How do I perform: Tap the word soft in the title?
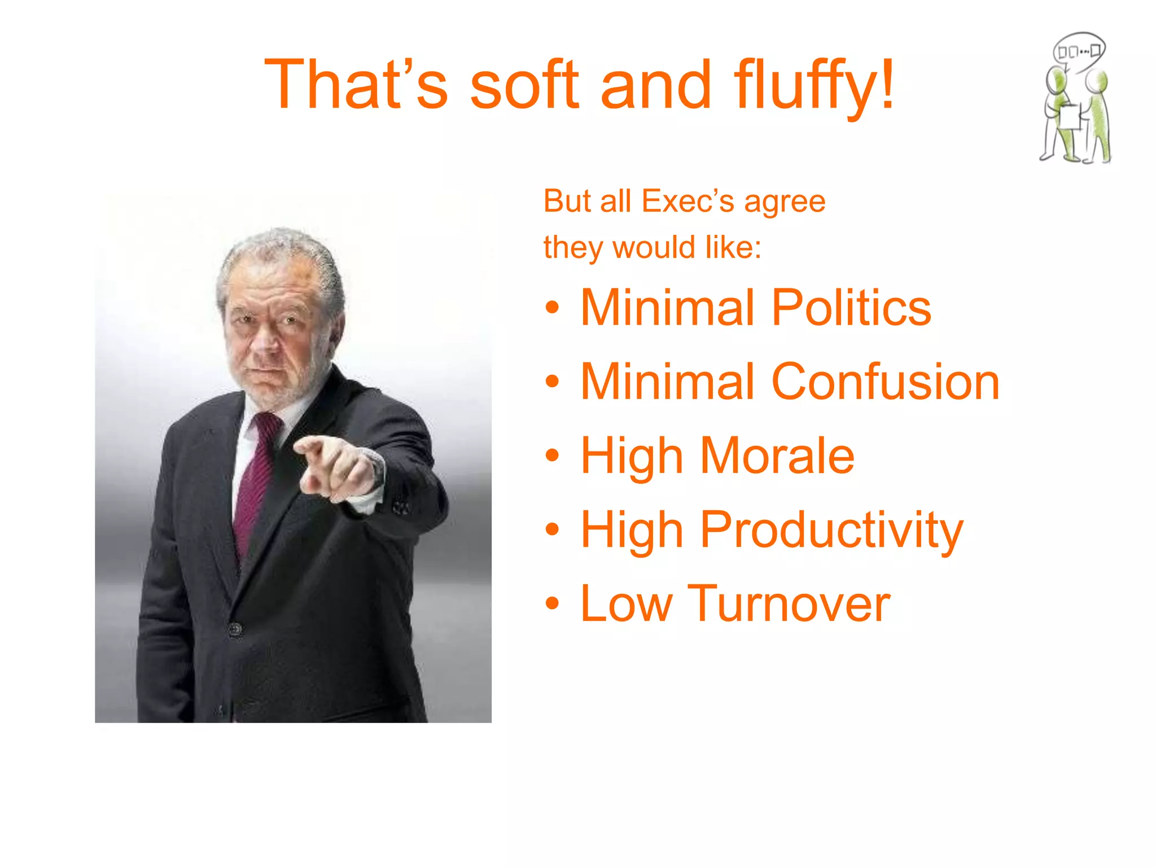pyautogui.click(x=524, y=85)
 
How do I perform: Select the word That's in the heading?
pyautogui.click(x=356, y=85)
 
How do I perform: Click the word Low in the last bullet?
pyautogui.click(x=626, y=604)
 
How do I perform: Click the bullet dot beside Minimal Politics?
pyautogui.click(x=552, y=308)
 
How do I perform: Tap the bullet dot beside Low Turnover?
pyautogui.click(x=552, y=604)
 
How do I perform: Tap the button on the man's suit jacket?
pyautogui.click(x=235, y=629)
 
